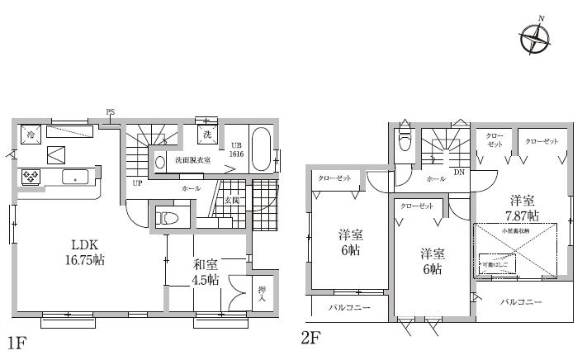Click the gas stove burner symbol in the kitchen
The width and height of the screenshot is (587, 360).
tap(31, 176)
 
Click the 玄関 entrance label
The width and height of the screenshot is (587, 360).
tap(231, 201)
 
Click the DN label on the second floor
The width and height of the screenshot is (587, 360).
tap(457, 172)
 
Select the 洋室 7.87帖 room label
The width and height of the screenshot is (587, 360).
tap(523, 206)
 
